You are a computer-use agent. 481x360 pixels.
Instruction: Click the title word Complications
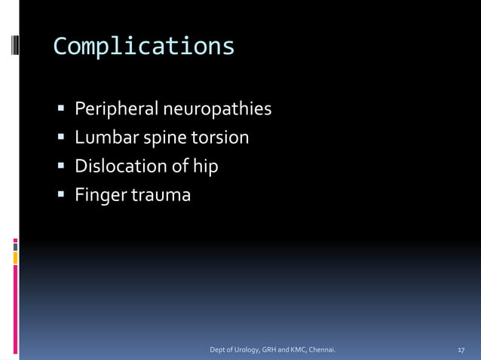coord(144,47)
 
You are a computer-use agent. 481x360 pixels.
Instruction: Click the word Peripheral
coord(116,110)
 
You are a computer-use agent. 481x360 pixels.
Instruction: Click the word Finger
coord(100,195)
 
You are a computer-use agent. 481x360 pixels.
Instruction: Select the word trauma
coord(161,195)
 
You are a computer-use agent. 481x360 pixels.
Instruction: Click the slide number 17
coord(461,350)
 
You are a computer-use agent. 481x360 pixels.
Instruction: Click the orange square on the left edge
coord(15,258)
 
